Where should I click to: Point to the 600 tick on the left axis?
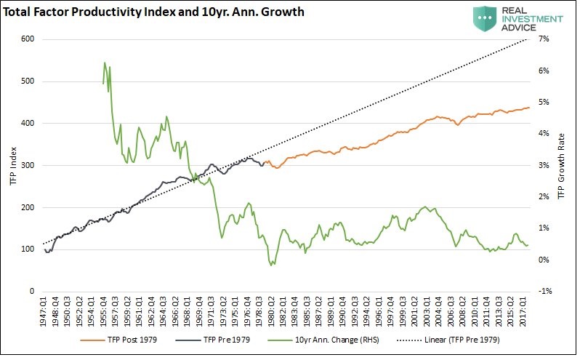pos(27,39)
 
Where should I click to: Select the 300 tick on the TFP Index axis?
pos(27,166)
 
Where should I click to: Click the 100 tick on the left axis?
pos(27,249)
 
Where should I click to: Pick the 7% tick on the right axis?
pos(545,39)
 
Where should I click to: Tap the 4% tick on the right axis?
pos(545,134)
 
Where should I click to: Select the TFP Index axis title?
pos(10,166)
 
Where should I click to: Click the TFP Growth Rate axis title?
pos(561,166)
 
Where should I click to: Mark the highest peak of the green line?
pos(105,63)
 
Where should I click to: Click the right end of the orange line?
pos(528,108)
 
